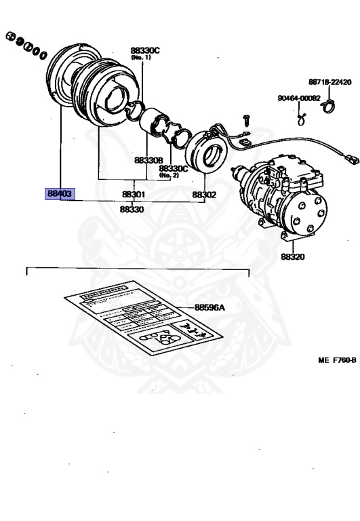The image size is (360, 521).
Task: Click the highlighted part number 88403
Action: click(x=60, y=194)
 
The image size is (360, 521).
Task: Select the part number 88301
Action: click(x=134, y=195)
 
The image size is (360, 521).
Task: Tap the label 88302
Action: click(x=203, y=195)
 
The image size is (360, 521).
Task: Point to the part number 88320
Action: click(x=293, y=257)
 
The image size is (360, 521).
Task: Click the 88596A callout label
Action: click(x=209, y=307)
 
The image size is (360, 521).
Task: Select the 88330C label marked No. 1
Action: click(x=145, y=50)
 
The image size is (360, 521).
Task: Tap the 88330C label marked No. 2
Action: click(x=174, y=168)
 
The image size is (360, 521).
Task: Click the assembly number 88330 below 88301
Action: click(x=132, y=210)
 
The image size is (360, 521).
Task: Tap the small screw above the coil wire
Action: click(x=245, y=120)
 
